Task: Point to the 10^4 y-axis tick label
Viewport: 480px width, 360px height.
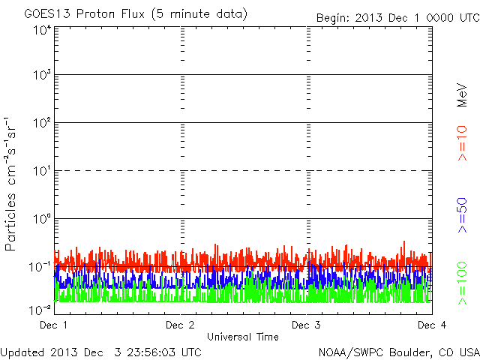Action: pos(41,30)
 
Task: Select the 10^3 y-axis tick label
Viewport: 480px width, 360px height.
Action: pos(41,76)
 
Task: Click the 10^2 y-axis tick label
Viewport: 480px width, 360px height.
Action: pos(41,123)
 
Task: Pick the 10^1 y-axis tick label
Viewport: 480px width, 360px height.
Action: pos(41,171)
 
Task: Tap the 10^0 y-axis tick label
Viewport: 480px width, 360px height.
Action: pos(41,219)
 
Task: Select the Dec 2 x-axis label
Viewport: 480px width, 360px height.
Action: pos(180,325)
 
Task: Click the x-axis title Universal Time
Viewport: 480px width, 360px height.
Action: pos(242,337)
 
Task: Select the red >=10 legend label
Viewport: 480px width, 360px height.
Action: pos(463,143)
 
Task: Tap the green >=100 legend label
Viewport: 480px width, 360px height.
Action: pos(463,283)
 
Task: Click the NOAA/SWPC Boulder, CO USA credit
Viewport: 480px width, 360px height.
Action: pos(398,351)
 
